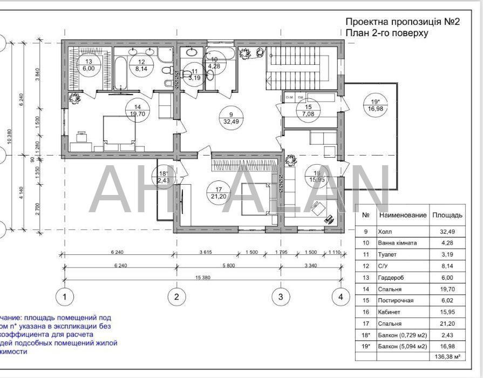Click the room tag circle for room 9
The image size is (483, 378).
click(230, 118)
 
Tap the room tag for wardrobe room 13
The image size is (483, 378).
click(89, 65)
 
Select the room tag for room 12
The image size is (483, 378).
click(141, 65)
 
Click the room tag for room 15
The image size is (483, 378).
click(308, 110)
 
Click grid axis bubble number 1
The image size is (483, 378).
click(65, 296)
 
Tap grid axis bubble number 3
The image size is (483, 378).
click(280, 296)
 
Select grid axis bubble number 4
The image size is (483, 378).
click(340, 296)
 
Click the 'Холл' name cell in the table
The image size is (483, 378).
click(386, 231)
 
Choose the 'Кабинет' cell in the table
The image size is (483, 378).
click(390, 312)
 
